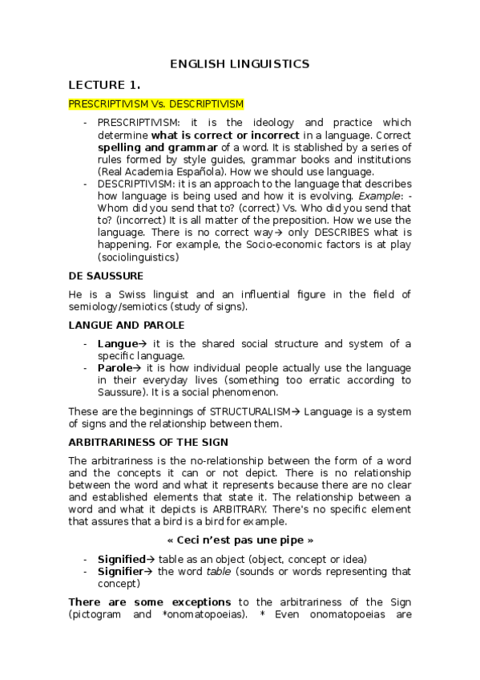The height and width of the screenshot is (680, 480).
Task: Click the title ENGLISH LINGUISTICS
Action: point(240,64)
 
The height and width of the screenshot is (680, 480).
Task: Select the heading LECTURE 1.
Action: point(104,85)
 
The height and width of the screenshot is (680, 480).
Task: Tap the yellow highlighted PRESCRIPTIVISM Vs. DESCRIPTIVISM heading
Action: point(156,104)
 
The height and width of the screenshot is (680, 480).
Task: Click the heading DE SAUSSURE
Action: point(106,275)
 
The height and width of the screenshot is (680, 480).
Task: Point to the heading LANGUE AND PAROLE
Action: point(127,325)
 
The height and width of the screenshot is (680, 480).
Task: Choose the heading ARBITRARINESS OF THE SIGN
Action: point(148,442)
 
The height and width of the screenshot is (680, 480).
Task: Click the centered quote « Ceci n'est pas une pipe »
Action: point(240,540)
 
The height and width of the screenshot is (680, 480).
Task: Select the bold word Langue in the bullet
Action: point(117,344)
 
